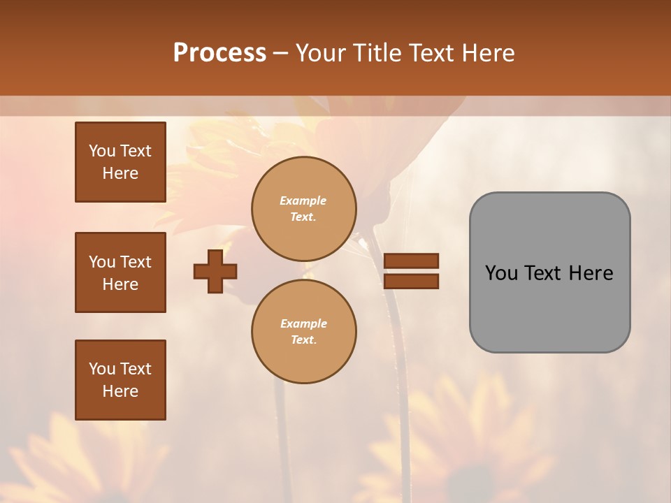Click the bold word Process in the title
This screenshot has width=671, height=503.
219,53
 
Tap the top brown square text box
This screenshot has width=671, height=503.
120,162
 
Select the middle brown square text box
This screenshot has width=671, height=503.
120,272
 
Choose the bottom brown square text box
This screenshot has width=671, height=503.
120,380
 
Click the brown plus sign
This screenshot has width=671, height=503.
215,271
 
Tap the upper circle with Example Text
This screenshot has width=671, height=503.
304,209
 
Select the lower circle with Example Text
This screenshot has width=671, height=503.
304,332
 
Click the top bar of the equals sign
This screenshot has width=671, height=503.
411,261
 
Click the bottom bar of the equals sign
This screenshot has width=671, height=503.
411,281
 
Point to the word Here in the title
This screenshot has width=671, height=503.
489,53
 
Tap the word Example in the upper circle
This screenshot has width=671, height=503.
303,201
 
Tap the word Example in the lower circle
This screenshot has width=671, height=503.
303,323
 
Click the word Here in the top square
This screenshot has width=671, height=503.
120,173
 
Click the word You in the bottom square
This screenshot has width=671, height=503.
102,369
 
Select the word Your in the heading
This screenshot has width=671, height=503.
321,53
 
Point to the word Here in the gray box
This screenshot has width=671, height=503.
591,273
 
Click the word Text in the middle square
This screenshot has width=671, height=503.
135,262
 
